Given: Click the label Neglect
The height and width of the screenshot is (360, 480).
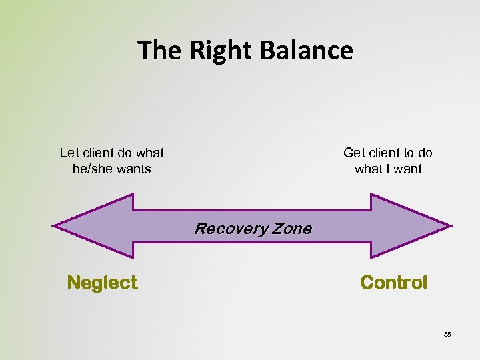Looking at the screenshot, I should pyautogui.click(x=102, y=283).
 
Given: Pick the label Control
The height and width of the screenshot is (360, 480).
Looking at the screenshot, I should pyautogui.click(x=393, y=283).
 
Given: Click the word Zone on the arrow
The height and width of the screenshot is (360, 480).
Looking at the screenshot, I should pyautogui.click(x=291, y=229).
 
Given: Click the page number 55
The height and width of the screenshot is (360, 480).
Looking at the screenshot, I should pyautogui.click(x=447, y=334).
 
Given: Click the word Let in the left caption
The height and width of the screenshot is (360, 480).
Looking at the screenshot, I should pyautogui.click(x=69, y=153).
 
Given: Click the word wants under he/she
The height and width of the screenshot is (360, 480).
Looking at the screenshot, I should pyautogui.click(x=133, y=169).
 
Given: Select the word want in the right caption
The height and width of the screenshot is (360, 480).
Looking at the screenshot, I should pyautogui.click(x=407, y=169).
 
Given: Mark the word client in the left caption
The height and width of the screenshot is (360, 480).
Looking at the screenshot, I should pyautogui.click(x=97, y=153).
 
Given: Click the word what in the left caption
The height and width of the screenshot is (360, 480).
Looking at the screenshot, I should pyautogui.click(x=151, y=153).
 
